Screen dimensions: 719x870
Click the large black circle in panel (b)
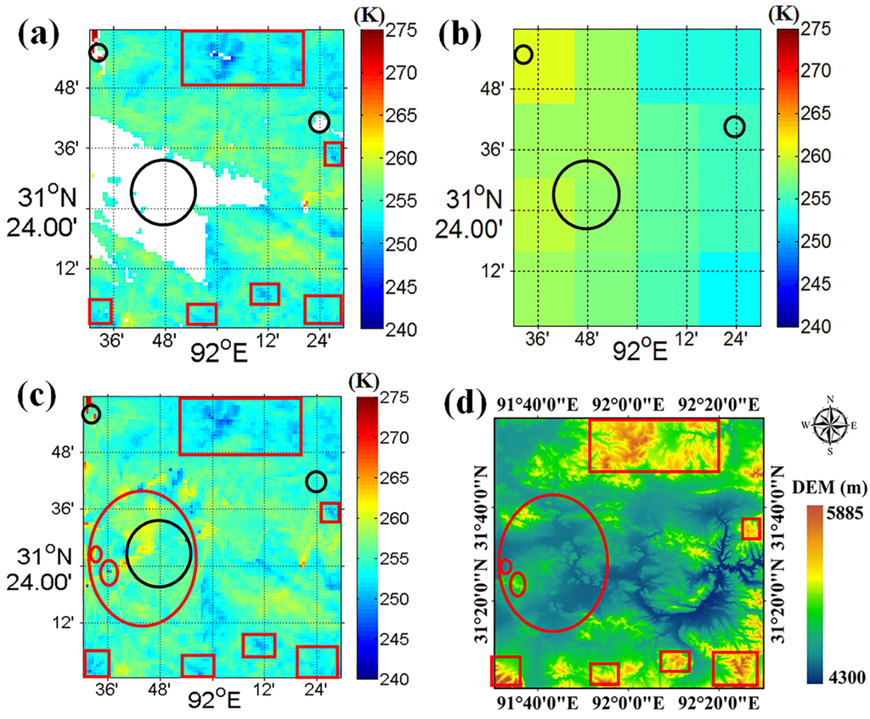586,194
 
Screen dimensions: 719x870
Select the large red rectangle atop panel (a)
242,58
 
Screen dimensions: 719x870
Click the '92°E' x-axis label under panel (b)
640,350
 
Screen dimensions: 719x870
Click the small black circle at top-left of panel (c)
91,414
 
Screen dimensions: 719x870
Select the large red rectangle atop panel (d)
653,446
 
